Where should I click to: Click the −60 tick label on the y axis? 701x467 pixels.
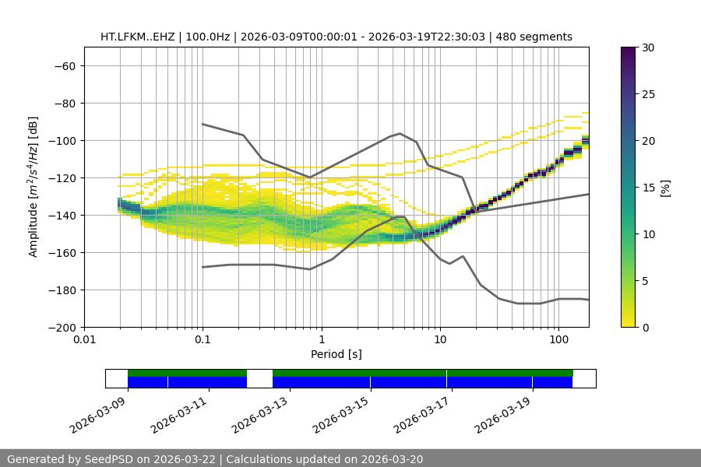[64, 65]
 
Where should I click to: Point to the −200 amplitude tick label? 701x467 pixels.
[61, 327]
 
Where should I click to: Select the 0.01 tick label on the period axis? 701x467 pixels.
[84, 340]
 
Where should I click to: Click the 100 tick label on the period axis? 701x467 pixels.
[558, 340]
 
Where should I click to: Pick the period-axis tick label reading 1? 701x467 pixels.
[321, 340]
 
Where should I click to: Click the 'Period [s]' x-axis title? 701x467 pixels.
[336, 354]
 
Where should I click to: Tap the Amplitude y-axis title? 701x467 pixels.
[33, 187]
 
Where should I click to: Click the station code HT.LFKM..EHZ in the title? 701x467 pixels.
[136, 37]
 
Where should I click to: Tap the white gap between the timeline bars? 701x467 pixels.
[259, 378]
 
